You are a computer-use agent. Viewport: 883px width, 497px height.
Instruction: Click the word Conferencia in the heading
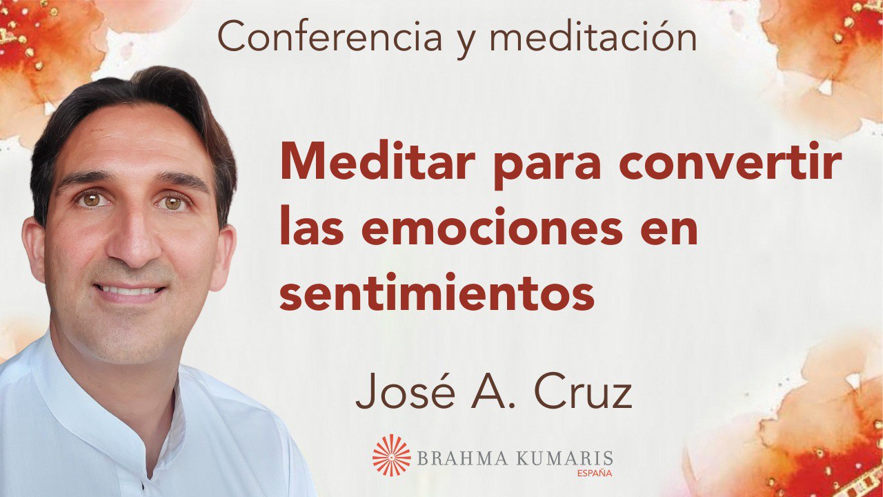point(330,38)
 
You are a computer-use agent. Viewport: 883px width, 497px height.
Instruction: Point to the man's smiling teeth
point(129,291)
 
